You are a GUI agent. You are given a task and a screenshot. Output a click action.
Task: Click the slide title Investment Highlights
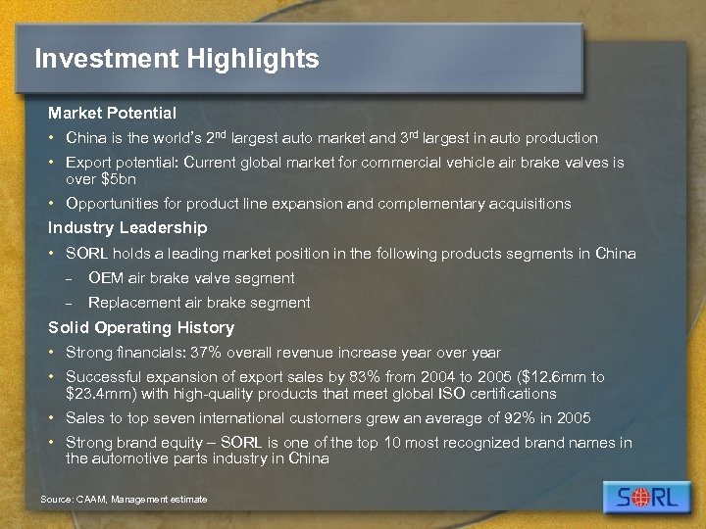pyautogui.click(x=176, y=59)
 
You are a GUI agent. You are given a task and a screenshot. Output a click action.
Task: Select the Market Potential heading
pyautogui.click(x=112, y=113)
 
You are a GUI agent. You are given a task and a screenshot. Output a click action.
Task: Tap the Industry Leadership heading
pyautogui.click(x=127, y=227)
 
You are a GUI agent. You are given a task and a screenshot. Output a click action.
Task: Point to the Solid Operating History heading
pyautogui.click(x=141, y=327)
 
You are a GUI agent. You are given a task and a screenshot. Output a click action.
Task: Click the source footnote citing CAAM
pyautogui.click(x=124, y=500)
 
